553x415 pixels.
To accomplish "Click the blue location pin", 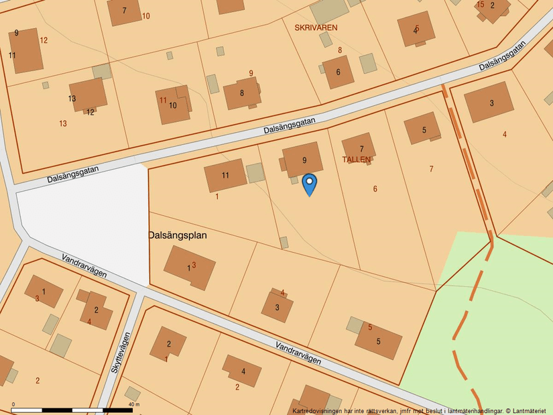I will tap(309, 183).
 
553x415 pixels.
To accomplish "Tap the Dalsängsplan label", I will tap(178, 236).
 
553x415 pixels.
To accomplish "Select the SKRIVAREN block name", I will tap(316, 27).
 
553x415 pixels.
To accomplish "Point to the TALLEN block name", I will tap(356, 160).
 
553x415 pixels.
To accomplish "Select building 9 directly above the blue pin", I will tap(302, 159).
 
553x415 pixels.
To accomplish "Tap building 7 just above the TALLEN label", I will tap(359, 147).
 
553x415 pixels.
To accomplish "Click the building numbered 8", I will tap(242, 93).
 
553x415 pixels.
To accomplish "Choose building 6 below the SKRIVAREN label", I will tap(339, 72).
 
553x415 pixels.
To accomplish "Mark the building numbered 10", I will tap(174, 105).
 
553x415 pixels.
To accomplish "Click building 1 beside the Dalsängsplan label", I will tap(190, 267).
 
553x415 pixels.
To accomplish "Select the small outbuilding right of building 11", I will tap(255, 173).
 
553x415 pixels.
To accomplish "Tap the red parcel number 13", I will tap(62, 123).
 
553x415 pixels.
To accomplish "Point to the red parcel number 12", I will tap(44, 40).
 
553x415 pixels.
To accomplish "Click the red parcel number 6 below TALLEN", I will tap(375, 189).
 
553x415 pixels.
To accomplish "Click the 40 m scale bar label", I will tap(133, 404).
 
